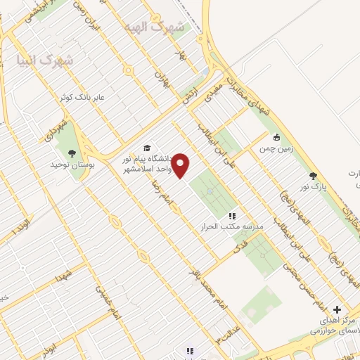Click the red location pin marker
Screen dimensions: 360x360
tap(181, 165)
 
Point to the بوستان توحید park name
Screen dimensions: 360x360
tap(72, 165)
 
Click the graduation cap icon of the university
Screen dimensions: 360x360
tap(147, 148)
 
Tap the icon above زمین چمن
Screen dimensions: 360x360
tap(277, 138)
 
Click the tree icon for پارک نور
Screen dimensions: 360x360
tap(313, 176)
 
